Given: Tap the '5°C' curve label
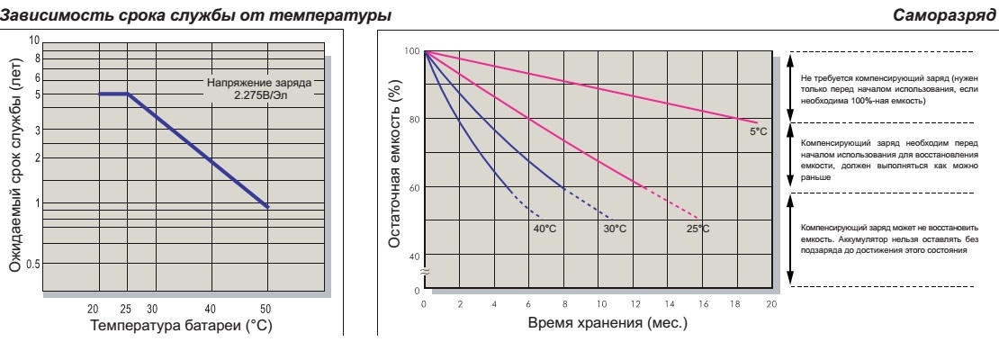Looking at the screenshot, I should point(758,132).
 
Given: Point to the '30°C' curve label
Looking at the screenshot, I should point(616,229).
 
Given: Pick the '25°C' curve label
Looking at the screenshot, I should point(697,229).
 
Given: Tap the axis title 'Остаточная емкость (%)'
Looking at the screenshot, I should point(394,168).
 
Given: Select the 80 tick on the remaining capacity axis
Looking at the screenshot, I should point(413,120).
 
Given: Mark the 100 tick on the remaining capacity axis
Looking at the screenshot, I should point(411,51).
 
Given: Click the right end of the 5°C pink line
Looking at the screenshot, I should point(758,122).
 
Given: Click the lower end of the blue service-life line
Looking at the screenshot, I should point(267,207).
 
